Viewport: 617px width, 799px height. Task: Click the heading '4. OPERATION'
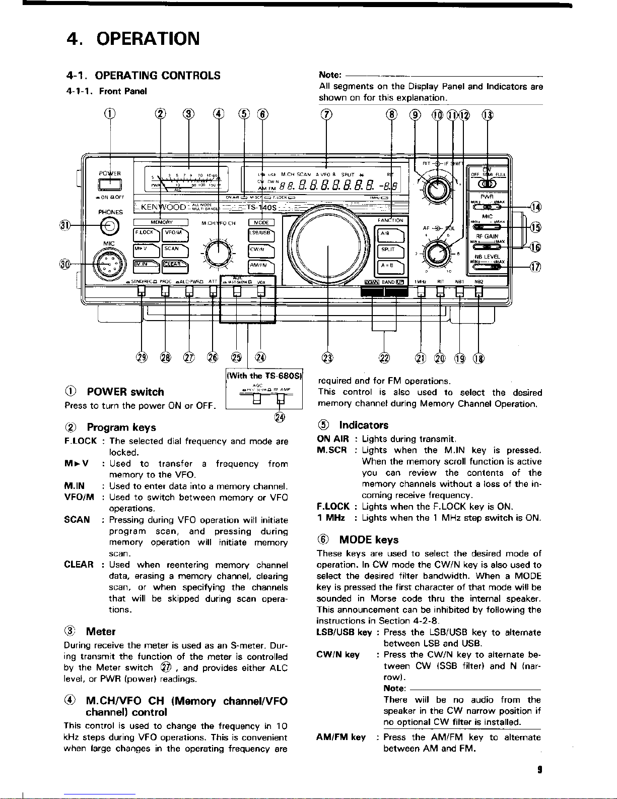click(x=133, y=38)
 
